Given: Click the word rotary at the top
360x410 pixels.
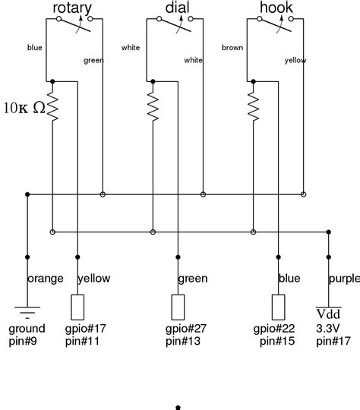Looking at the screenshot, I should click(72, 8).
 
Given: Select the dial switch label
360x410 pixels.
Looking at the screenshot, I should click(176, 8).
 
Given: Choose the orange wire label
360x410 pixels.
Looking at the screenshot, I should click(46, 279).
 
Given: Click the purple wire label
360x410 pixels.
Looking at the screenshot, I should click(345, 279).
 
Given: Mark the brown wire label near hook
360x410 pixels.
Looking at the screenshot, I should click(232, 47).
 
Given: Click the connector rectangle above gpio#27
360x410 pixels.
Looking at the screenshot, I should click(178, 306).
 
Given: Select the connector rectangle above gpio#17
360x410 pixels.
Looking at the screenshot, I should click(78, 306).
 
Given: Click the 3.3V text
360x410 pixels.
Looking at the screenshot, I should click(329, 329).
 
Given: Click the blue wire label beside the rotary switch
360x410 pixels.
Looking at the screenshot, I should click(34, 47).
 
